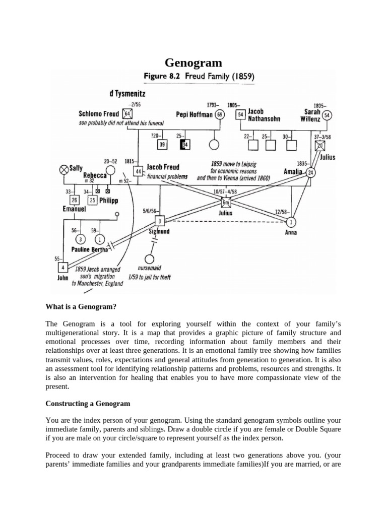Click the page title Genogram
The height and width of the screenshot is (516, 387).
193,63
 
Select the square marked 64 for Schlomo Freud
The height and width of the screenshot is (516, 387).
127,114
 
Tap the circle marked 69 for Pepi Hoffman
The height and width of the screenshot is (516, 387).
220,114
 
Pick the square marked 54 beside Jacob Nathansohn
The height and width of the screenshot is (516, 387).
241,114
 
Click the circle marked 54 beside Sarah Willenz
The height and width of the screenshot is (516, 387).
327,115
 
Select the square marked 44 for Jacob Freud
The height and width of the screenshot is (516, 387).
139,170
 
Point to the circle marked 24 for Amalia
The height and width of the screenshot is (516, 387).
311,172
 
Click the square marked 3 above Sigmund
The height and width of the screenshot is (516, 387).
160,221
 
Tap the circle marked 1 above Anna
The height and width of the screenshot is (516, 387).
291,222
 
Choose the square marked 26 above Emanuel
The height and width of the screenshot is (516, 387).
74,199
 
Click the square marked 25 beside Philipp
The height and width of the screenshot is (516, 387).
92,200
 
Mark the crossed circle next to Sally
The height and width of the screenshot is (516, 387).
64,170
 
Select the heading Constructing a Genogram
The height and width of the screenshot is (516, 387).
88,404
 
